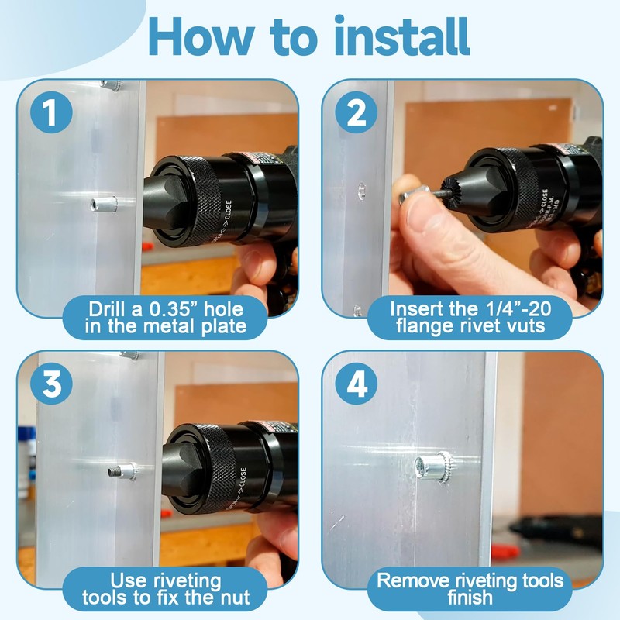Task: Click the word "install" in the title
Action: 402,36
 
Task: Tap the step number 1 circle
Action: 51,112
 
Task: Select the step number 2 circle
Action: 356,112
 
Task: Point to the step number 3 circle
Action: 51,383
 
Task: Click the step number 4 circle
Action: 356,383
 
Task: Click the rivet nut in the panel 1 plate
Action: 104,204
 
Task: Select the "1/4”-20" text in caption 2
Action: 516,308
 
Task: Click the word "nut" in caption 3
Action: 234,597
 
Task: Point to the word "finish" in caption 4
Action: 470,597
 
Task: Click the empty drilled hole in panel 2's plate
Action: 361,191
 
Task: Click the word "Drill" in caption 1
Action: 105,309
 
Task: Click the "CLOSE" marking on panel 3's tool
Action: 243,478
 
